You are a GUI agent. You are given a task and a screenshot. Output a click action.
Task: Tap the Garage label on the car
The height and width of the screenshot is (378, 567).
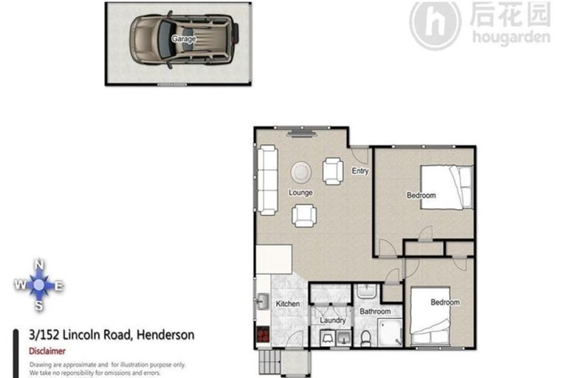point(184,38)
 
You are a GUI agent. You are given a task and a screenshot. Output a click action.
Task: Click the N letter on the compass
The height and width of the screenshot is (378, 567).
point(40,264)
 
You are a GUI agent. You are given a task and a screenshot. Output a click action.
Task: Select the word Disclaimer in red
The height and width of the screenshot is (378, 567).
point(47,351)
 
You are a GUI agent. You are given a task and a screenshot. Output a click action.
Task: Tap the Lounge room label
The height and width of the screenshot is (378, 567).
point(300,193)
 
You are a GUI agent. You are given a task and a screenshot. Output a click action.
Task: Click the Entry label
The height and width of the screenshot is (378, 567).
point(360,172)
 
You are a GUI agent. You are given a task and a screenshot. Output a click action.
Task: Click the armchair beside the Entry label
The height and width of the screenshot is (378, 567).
point(334,171)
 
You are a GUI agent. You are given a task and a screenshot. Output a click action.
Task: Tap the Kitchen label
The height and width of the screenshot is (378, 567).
point(287,304)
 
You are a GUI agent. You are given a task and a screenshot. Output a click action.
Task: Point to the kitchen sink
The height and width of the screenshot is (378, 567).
point(261,303)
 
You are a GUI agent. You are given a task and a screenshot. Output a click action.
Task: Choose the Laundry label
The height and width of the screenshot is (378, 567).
point(333,320)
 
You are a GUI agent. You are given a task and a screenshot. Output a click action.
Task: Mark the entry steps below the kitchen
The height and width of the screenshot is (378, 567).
point(269,362)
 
